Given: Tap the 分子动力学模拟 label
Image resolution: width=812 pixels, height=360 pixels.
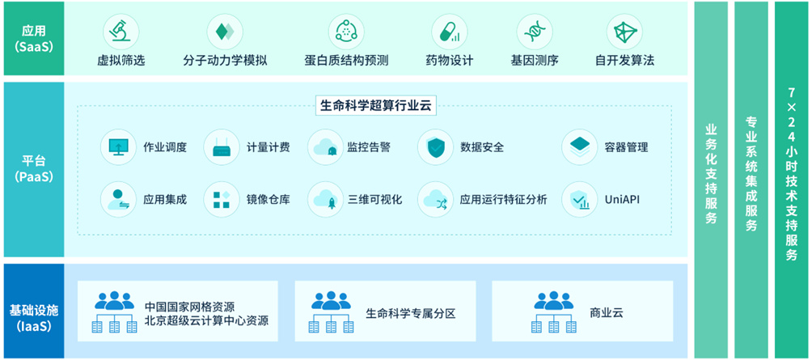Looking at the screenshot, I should coord(226,61).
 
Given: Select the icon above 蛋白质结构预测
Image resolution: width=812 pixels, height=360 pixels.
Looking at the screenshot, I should coord(346,32).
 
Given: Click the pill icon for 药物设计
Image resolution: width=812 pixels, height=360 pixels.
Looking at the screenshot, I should coord(448,32).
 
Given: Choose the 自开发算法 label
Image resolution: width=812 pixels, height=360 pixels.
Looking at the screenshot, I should coord(624,61).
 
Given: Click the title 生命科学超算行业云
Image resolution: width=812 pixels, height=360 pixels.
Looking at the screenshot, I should coord(371,105).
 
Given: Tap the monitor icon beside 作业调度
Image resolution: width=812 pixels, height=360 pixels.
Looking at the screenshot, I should coord(119,147).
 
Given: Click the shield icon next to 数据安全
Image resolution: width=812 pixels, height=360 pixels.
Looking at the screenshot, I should coord(435,147).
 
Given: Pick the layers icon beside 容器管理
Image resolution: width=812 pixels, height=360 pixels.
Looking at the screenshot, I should coord(579,147).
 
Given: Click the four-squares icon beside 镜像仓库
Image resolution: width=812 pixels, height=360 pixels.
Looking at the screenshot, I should coord(222,199).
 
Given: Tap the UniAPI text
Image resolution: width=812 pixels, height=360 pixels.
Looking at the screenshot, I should coord(624,199).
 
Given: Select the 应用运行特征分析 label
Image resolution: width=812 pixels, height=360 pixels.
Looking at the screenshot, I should coord(503,199).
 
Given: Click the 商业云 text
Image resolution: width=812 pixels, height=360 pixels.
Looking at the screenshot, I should coord(607,312).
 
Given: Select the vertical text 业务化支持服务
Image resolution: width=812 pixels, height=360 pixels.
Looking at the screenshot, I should coord(712,174).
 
